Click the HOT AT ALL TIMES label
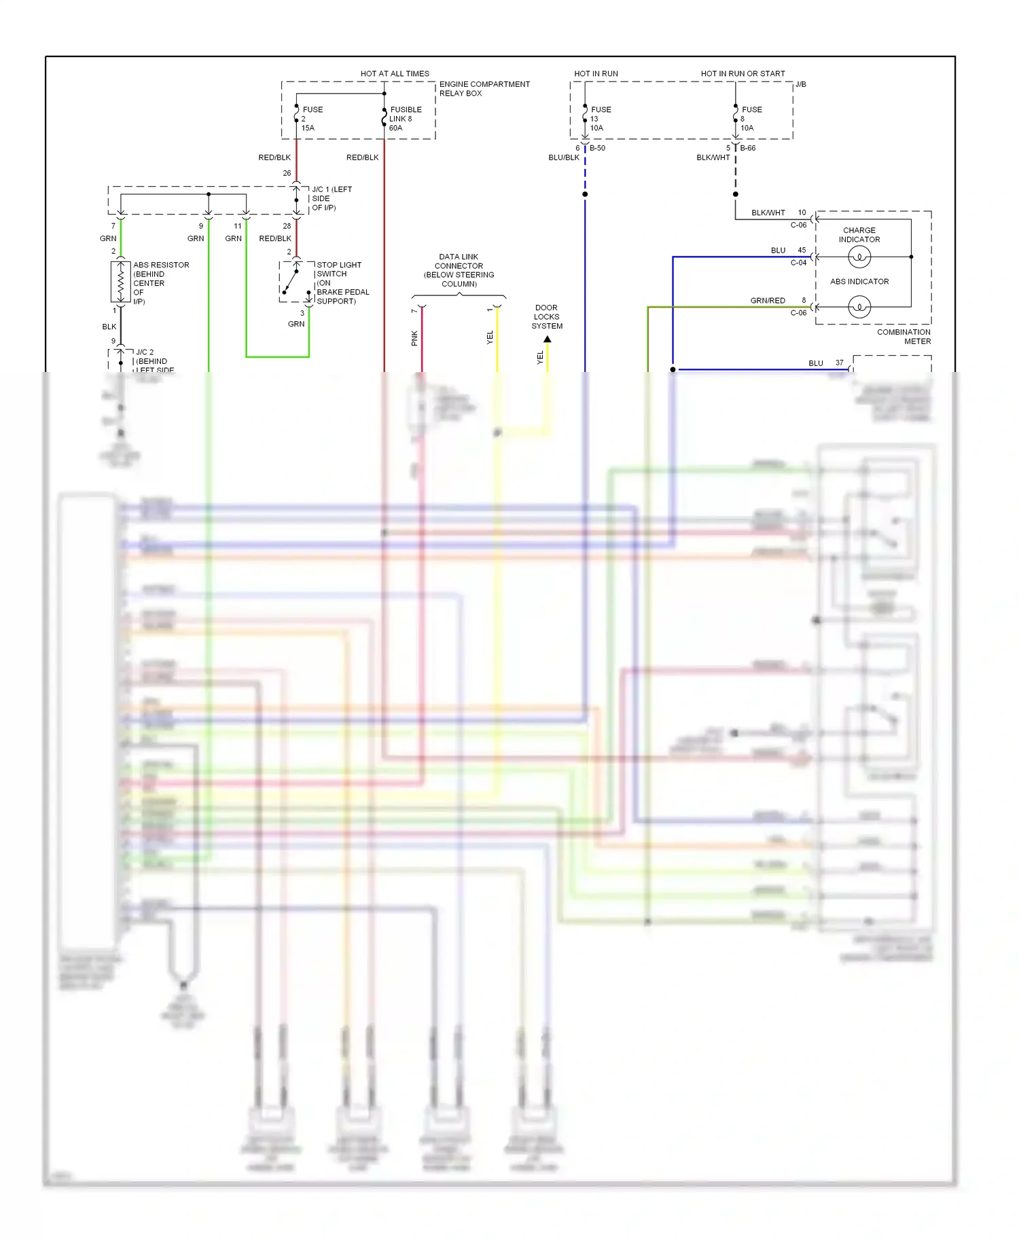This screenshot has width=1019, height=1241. point(395,73)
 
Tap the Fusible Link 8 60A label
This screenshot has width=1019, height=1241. point(405,119)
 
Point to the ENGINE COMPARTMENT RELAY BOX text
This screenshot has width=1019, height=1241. point(484,89)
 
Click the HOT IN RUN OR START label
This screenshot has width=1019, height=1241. point(743,73)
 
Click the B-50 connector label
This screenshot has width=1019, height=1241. point(597,148)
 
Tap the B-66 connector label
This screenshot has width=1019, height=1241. point(747,148)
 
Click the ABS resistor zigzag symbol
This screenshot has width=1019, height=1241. point(121,281)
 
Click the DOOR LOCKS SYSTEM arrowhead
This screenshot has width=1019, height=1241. point(548,339)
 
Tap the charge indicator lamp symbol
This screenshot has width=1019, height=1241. point(859,257)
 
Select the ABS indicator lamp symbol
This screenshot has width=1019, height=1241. point(859,307)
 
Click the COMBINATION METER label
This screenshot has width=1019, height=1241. point(904,337)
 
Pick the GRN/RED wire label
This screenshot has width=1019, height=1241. point(767,300)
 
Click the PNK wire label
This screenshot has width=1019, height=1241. point(414,338)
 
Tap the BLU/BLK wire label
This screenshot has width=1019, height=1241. point(564,158)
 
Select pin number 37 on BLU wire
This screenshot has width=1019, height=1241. point(840,363)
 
